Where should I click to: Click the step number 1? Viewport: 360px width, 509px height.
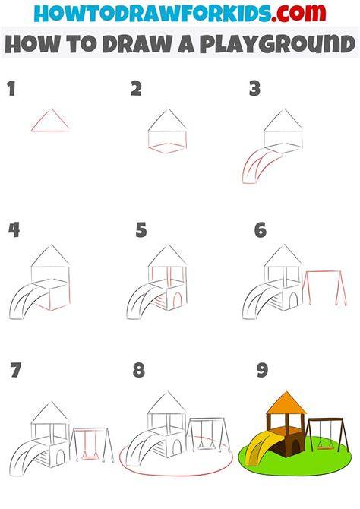click(x=11, y=89)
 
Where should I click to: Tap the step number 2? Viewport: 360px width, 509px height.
click(x=137, y=89)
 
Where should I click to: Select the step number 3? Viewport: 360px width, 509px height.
click(x=255, y=89)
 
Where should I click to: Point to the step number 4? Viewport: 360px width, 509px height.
click(x=14, y=230)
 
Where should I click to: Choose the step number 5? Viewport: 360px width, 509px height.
click(x=141, y=230)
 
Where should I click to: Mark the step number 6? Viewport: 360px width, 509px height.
click(x=261, y=230)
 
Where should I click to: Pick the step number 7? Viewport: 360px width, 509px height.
click(x=16, y=370)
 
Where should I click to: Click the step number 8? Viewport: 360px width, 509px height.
click(x=139, y=370)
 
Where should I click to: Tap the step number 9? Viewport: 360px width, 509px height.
click(x=262, y=370)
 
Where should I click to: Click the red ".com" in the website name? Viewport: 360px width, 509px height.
click(x=299, y=13)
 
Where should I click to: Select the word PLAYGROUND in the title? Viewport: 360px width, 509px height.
click(x=278, y=44)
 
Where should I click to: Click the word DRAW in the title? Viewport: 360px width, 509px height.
click(x=140, y=44)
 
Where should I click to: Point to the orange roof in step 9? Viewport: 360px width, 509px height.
click(x=286, y=403)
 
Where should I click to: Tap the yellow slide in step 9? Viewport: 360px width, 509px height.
click(x=261, y=444)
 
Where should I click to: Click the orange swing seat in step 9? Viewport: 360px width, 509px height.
click(x=325, y=448)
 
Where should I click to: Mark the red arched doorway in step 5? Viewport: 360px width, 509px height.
click(x=178, y=299)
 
